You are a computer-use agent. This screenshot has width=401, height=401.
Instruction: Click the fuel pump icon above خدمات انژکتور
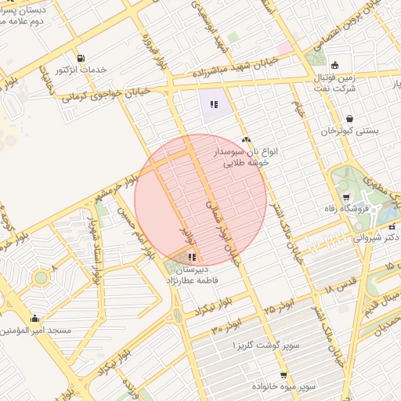point(81,59)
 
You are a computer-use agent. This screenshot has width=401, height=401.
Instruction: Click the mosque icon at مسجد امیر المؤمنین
point(34,319)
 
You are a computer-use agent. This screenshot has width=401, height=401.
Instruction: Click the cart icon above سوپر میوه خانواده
point(283,375)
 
